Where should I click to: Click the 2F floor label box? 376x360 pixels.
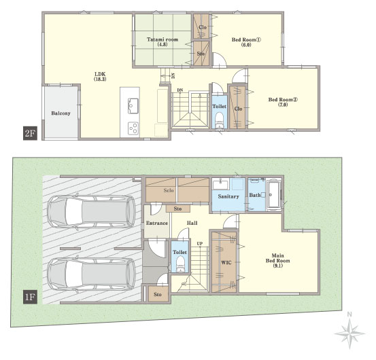point(30,133)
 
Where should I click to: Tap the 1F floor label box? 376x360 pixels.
point(30,297)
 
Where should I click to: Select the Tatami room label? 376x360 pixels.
point(163,41)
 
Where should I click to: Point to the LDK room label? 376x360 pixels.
point(100,76)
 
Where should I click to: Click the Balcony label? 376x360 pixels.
point(61,113)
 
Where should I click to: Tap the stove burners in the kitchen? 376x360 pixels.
point(133,128)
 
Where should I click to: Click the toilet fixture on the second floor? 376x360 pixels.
point(219,120)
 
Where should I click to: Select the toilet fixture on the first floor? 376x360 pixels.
point(180,264)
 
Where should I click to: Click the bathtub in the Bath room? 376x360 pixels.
point(273,194)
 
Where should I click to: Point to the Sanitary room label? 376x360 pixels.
point(228,197)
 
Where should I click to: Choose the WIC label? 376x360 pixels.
point(226,262)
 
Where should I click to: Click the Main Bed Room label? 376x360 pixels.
point(277,260)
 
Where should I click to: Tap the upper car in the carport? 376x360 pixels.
point(91,211)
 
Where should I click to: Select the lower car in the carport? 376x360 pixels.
point(91,274)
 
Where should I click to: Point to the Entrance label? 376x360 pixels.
point(157,223)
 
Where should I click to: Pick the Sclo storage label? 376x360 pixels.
point(169,190)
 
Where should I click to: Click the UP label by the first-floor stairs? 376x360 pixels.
point(200,244)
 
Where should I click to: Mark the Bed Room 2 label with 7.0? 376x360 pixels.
point(283,102)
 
